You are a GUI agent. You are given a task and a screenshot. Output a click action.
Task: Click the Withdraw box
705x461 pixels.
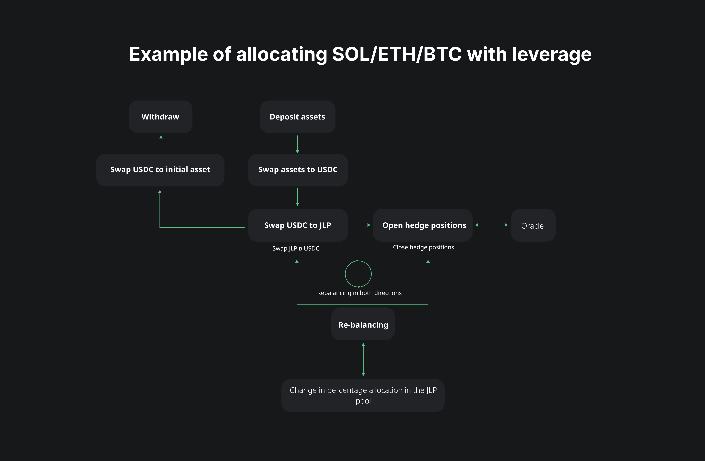[160, 117]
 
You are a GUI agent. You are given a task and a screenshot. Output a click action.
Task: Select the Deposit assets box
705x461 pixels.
[297, 117]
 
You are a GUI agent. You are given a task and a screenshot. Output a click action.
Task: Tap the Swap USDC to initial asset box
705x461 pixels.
[160, 170]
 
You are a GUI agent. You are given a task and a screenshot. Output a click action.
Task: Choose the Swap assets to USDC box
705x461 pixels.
[298, 170]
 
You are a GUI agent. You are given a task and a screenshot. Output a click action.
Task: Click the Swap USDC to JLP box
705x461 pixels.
[298, 226]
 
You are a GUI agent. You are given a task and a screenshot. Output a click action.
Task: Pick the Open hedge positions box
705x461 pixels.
[422, 226]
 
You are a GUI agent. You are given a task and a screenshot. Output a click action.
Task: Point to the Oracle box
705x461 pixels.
[533, 226]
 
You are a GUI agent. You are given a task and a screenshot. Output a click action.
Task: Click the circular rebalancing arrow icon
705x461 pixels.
[358, 274]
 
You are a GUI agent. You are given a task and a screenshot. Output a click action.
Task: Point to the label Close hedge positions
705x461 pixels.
[423, 247]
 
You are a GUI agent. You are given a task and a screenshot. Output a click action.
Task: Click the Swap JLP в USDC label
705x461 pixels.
[296, 249]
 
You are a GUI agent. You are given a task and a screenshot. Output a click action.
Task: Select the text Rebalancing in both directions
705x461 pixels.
[359, 293]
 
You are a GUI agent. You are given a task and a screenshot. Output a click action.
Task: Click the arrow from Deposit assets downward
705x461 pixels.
[297, 144]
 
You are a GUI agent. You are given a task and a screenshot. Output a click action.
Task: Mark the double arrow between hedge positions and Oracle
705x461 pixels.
[491, 225]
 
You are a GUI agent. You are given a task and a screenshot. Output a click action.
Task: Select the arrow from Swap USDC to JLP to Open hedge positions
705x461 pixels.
[361, 225]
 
